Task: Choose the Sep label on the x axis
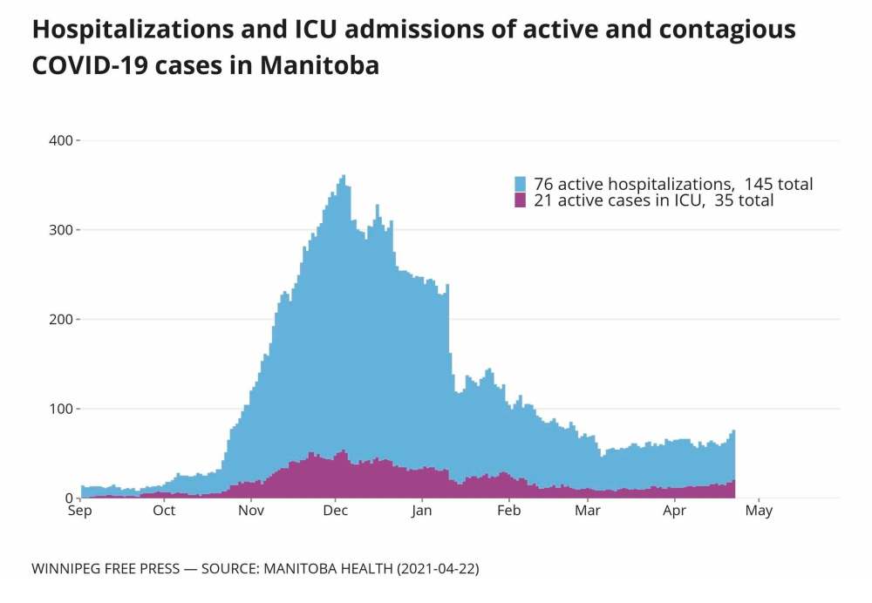point(80,511)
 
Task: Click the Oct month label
point(164,511)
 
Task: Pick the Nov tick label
point(251,511)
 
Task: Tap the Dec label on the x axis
point(337,511)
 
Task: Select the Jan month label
point(422,511)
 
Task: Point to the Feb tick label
point(508,511)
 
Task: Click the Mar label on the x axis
point(588,511)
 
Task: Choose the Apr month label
point(674,511)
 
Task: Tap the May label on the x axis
point(759,511)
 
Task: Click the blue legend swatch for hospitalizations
point(521,184)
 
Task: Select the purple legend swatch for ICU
point(521,200)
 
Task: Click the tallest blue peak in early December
point(344,179)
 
